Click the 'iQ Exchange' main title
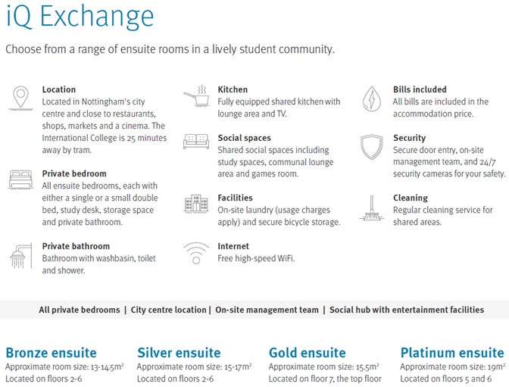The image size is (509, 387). click(80, 17)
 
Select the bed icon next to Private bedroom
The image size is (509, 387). click(20, 179)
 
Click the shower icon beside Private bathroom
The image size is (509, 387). click(21, 256)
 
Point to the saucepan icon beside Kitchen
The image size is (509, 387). click(196, 96)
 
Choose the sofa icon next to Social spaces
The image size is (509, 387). click(196, 142)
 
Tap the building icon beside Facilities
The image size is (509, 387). click(196, 204)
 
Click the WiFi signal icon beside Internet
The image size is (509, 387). click(196, 253)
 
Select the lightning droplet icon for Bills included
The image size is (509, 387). click(372, 99)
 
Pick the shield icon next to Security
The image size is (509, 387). click(372, 147)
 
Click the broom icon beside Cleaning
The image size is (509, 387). click(372, 208)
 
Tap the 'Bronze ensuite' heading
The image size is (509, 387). click(52, 353)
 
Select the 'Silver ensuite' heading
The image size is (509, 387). click(179, 353)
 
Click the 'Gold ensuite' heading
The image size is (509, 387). click(308, 353)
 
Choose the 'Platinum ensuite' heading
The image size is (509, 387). click(452, 353)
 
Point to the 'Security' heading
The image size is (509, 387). click(409, 138)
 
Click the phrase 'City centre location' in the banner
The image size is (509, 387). click(168, 310)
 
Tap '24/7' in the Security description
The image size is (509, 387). click(488, 161)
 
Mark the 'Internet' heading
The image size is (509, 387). click(233, 246)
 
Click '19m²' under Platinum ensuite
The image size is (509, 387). click(496, 367)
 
